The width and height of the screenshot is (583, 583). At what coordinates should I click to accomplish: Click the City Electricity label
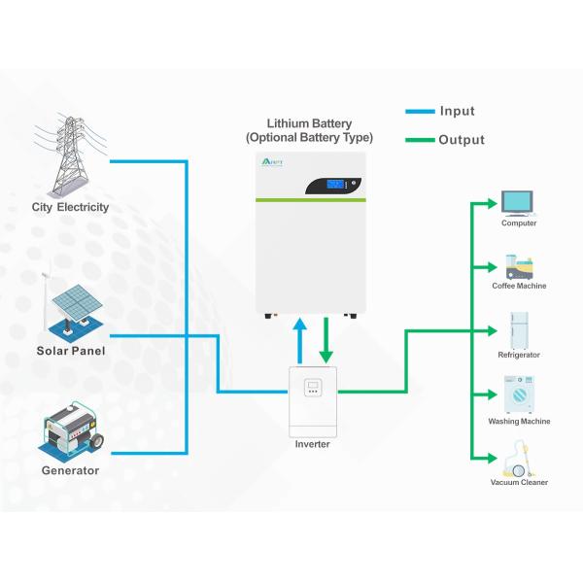69,207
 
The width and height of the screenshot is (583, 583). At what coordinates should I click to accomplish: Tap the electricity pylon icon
69,155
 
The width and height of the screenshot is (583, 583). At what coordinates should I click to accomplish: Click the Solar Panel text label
71,351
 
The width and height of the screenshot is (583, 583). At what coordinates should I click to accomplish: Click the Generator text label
70,470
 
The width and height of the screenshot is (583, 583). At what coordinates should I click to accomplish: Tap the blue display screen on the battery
335,184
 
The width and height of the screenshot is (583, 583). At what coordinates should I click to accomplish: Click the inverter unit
313,400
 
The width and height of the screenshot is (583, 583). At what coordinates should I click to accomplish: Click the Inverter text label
313,444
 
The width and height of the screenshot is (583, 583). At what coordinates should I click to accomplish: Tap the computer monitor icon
518,202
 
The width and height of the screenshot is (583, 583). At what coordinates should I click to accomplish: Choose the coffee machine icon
518,265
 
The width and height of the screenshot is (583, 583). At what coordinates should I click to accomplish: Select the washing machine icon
519,395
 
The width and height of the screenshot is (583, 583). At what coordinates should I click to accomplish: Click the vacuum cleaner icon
517,458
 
